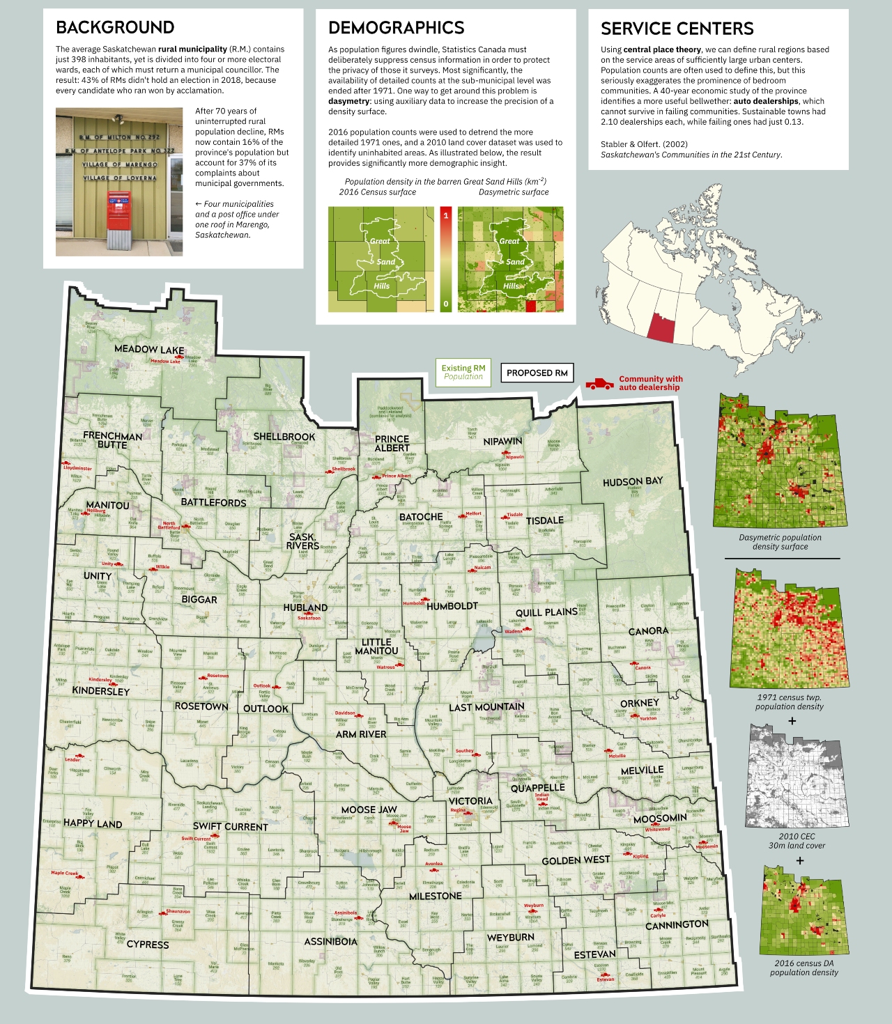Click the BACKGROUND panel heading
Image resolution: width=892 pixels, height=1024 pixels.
pos(115,28)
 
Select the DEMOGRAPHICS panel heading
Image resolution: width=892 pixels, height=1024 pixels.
pos(396,28)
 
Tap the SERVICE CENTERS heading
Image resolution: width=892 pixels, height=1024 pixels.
pos(677,29)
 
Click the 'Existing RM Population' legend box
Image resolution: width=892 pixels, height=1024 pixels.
pos(463,372)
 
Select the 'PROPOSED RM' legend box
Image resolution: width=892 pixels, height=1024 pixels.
pos(537,373)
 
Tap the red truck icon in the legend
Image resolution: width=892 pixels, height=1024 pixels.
pos(599,384)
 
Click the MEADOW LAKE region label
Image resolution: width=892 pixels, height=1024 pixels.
pos(149,349)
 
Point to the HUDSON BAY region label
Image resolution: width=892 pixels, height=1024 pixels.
pos(633,481)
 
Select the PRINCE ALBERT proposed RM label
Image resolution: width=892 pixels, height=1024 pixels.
pos(392,444)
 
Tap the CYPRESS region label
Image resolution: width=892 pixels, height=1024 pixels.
pos(148,945)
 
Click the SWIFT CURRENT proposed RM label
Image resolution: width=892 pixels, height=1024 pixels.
pos(230,827)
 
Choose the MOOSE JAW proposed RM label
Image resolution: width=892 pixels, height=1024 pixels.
pos(369,809)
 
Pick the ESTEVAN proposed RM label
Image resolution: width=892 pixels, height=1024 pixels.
pos(594,954)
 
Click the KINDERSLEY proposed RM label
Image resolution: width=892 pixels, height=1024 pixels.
pos(101,691)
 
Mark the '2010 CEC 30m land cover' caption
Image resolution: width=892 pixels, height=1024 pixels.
pos(797,841)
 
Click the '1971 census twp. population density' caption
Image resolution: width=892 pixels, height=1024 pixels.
pos(789,701)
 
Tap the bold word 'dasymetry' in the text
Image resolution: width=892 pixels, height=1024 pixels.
pos(348,101)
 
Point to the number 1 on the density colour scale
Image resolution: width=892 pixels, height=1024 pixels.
pos(446,215)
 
